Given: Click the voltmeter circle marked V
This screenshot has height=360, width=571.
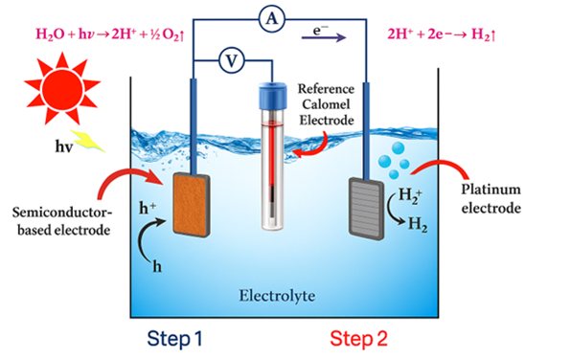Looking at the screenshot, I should click(x=230, y=60).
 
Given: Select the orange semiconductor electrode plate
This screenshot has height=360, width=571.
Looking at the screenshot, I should click(x=193, y=203).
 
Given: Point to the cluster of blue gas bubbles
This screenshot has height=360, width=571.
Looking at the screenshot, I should click(x=393, y=158).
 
